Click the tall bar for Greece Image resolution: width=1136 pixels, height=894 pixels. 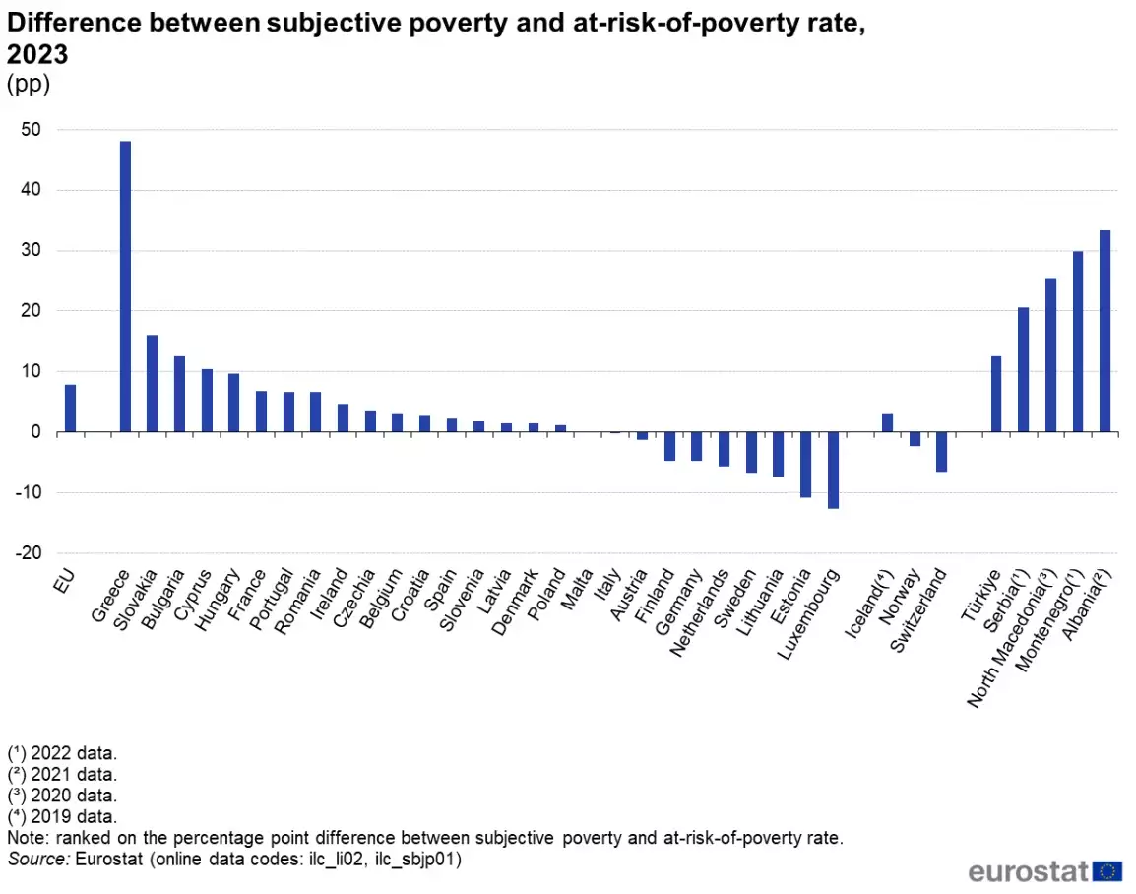[x=125, y=287]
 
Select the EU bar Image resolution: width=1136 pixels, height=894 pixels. [x=70, y=408]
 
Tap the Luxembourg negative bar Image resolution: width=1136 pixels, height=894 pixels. [x=833, y=471]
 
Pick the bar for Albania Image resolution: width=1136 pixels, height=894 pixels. [x=1104, y=331]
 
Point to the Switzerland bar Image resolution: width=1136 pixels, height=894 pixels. [x=941, y=451]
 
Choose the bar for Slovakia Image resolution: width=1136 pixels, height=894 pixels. [x=153, y=383]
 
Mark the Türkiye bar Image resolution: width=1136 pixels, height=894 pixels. [x=996, y=394]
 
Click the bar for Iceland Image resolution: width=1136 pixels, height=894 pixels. [x=888, y=422]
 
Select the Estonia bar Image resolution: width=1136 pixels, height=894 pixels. [x=805, y=465]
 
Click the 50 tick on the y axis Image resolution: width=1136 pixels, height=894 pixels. [x=32, y=130]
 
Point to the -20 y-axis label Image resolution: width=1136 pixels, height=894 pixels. [x=29, y=552]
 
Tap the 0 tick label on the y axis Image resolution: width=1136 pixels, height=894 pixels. [x=36, y=432]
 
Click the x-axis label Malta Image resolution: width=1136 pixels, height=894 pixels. [x=577, y=588]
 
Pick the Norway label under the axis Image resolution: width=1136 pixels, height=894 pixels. [x=899, y=597]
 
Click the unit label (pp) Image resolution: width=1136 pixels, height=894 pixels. [x=29, y=84]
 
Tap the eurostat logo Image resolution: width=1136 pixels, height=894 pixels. [x=1044, y=870]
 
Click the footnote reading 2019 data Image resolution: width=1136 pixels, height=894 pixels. [x=62, y=816]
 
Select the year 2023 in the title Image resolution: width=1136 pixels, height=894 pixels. [x=37, y=54]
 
